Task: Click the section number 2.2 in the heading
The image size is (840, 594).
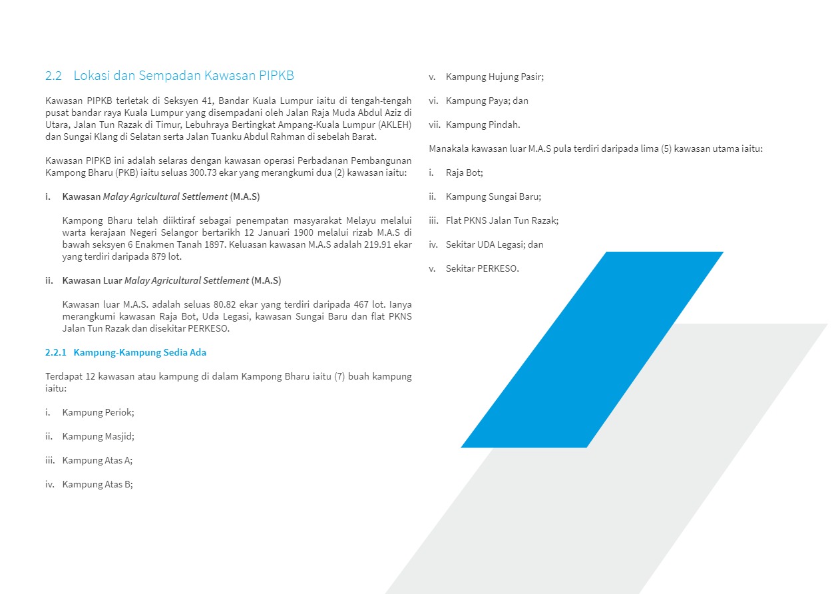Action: click(x=53, y=76)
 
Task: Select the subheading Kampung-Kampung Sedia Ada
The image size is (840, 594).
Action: click(x=144, y=352)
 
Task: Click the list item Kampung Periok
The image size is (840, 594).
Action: click(x=98, y=412)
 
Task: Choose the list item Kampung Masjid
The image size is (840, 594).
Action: click(x=98, y=436)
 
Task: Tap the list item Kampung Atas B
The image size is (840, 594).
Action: click(x=97, y=484)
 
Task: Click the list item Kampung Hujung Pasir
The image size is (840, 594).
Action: click(x=495, y=77)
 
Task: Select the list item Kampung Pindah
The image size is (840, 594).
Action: click(x=483, y=125)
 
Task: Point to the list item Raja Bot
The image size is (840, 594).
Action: click(x=464, y=172)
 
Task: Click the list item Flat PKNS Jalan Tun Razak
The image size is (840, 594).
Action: click(x=502, y=220)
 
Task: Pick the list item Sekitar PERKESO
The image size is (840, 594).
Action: click(x=482, y=268)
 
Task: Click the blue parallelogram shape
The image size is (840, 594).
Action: click(x=592, y=350)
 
